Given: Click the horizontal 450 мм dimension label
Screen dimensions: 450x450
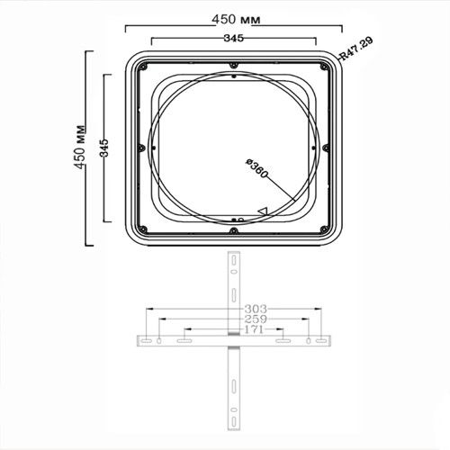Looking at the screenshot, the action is (x=236, y=20).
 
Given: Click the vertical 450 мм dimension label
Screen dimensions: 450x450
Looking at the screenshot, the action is (x=79, y=147).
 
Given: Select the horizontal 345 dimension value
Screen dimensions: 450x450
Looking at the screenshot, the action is (x=234, y=38).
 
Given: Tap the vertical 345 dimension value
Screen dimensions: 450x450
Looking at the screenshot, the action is (x=104, y=148).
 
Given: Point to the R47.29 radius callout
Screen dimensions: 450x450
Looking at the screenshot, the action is (x=356, y=49).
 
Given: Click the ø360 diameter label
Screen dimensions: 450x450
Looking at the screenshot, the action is (x=256, y=168).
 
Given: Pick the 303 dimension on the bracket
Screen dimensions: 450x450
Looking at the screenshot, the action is (x=256, y=309).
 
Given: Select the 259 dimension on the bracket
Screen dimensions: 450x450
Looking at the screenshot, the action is (x=256, y=319).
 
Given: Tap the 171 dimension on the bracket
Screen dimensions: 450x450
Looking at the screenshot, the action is (x=254, y=329).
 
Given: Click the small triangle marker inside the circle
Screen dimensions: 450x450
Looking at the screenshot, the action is (x=263, y=211).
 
